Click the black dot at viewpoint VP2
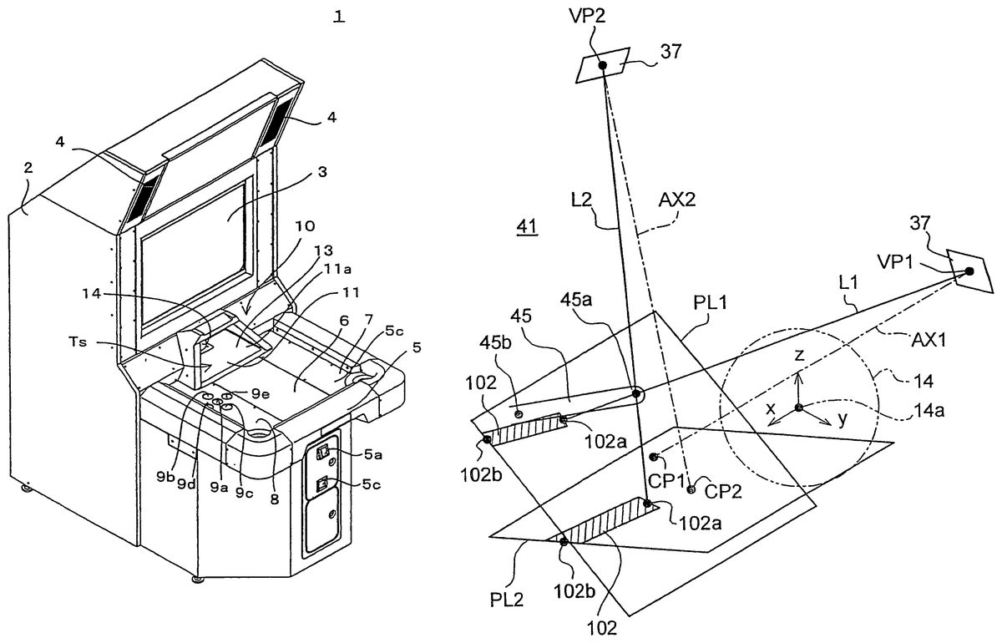tap(603, 65)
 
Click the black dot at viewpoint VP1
tap(969, 271)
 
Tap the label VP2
tap(587, 16)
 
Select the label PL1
tap(710, 302)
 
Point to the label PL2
tap(507, 600)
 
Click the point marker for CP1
tap(654, 457)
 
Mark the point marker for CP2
tap(691, 489)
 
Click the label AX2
tap(677, 200)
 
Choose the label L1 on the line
tap(848, 282)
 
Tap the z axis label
tap(799, 355)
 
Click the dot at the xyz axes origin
tap(799, 408)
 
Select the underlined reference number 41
tap(527, 227)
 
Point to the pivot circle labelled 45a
tap(636, 394)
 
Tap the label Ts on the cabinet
tap(78, 342)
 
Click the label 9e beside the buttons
tap(261, 394)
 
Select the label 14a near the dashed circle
tap(929, 410)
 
